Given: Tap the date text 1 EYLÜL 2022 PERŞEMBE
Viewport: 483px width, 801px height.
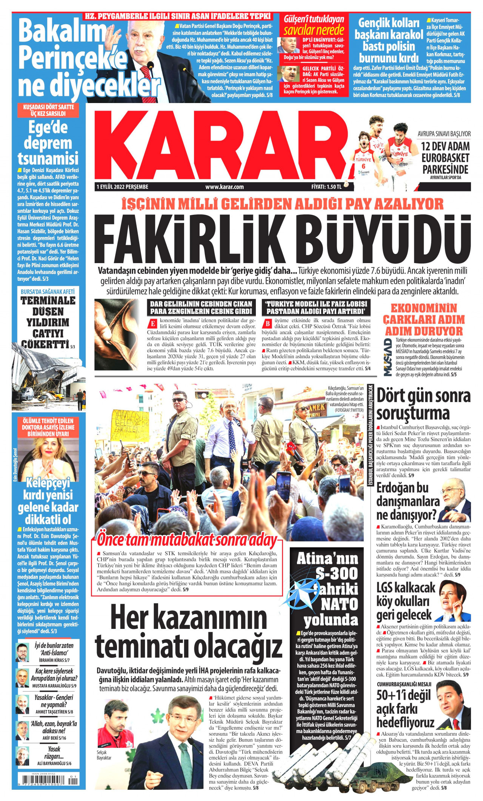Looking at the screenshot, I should point(123,186).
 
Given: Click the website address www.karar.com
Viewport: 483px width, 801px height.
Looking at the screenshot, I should point(225,186).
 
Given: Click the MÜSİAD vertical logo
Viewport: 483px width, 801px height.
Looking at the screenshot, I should point(388,357).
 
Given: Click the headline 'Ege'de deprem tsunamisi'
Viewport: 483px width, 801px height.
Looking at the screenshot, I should point(48,143).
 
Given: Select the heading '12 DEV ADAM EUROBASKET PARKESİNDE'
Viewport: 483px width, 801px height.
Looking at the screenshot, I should point(445,157).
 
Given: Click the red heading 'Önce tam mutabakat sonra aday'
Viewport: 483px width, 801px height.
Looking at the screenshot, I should point(187,540).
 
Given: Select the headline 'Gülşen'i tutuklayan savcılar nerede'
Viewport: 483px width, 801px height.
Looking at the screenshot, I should point(314,25).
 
